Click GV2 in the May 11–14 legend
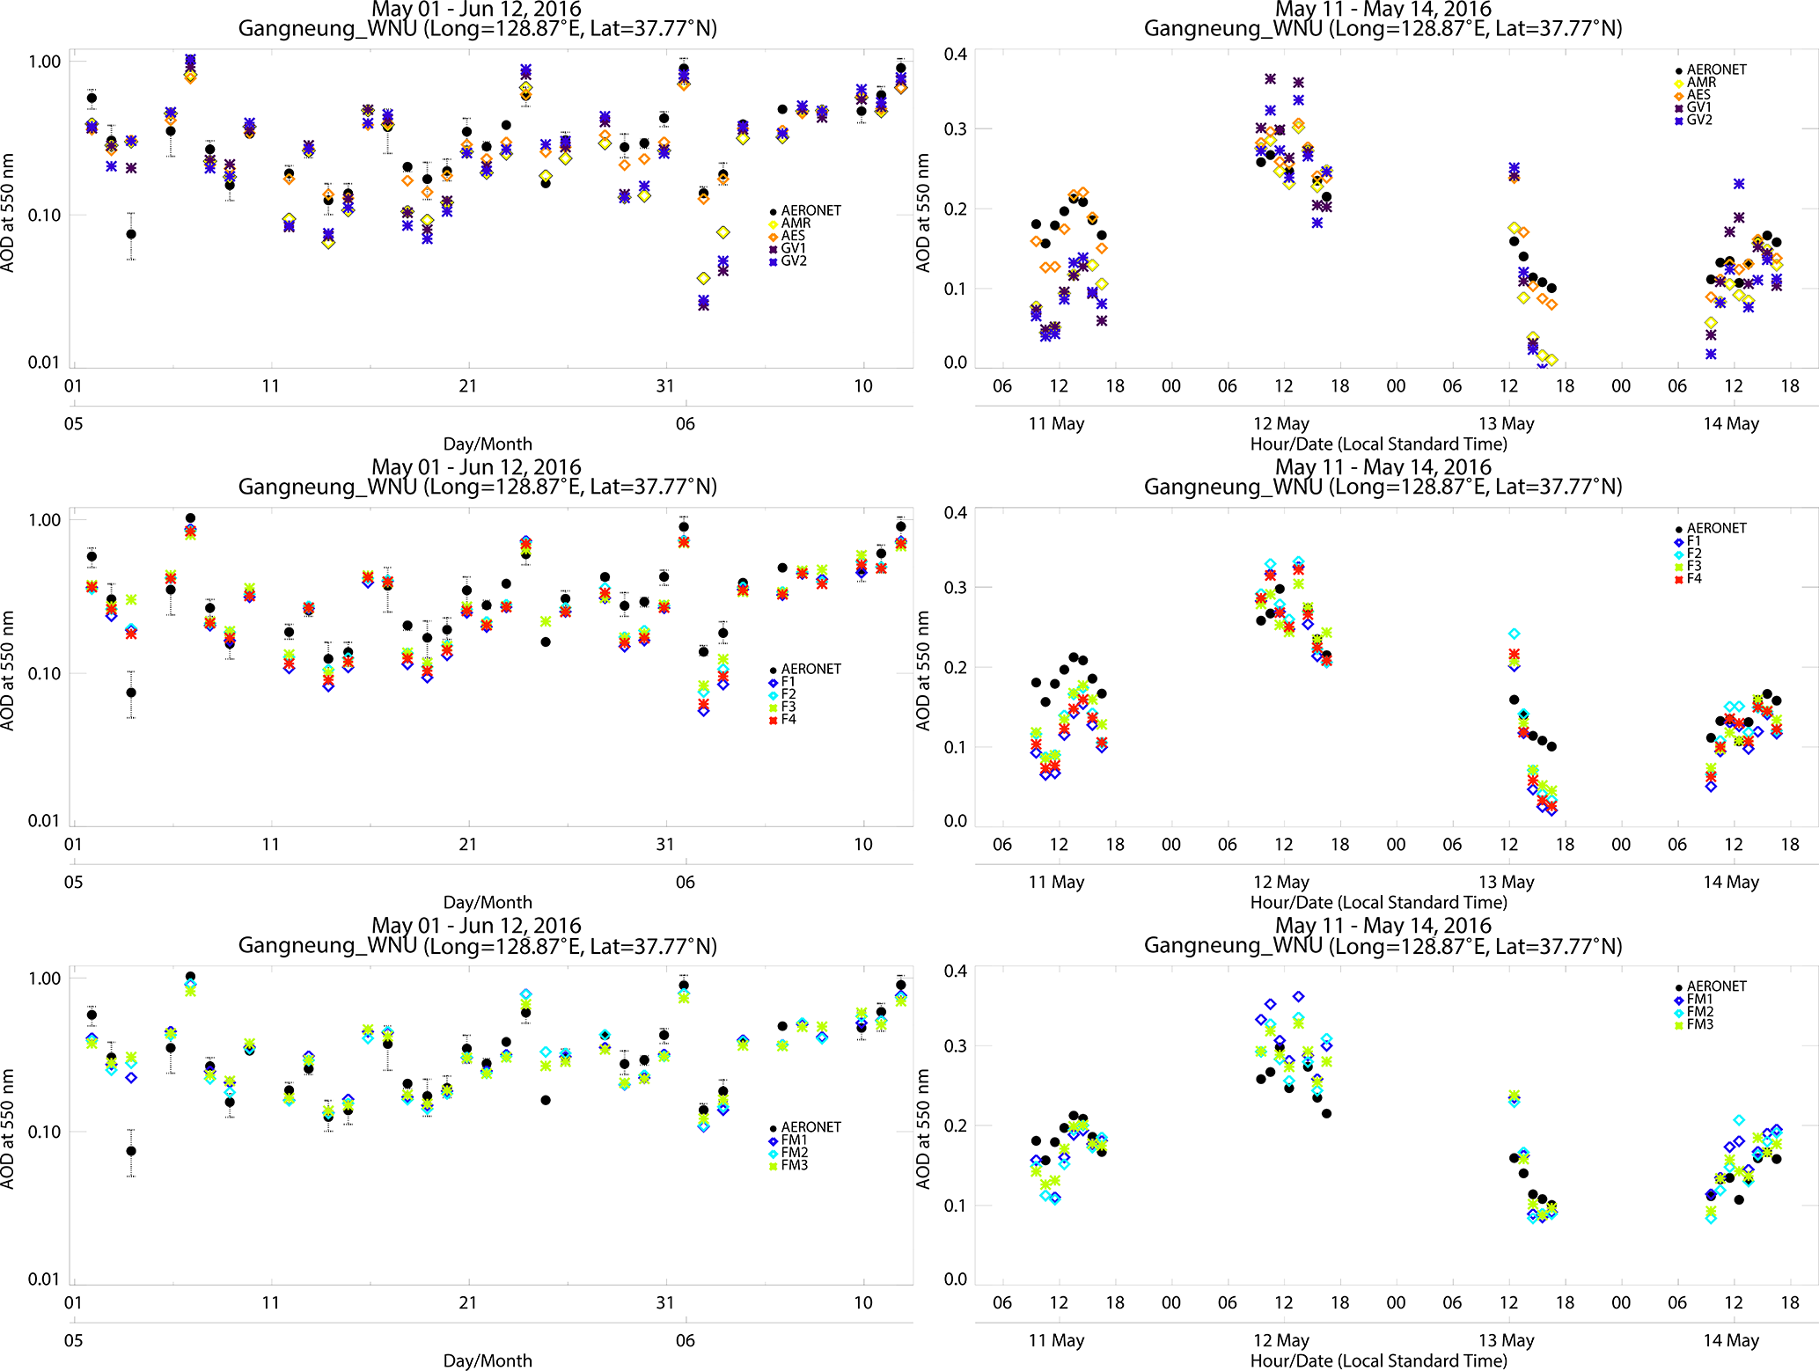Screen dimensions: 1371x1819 pos(1698,121)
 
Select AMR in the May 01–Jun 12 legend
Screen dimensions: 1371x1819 pos(795,224)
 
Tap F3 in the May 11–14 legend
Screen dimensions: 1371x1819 pos(1693,567)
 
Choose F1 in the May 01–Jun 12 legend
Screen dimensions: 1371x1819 pos(788,682)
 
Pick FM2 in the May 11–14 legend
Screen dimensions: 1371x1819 pos(1698,1012)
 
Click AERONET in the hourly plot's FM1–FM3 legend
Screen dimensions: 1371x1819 pos(1715,986)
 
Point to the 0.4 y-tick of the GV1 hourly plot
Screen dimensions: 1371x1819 pos(955,55)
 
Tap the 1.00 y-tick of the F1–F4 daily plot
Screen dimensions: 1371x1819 pos(44,520)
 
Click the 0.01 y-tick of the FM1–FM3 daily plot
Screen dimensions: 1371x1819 pos(44,1279)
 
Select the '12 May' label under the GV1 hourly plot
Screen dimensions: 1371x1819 pos(1280,424)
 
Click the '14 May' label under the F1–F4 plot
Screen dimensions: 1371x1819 pos(1730,883)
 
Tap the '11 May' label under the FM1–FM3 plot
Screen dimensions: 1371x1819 pos(1056,1341)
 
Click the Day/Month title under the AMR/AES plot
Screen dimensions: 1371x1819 pos(488,444)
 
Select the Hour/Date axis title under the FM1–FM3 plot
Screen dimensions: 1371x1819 pos(1378,1361)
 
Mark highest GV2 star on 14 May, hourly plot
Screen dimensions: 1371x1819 pos(1739,185)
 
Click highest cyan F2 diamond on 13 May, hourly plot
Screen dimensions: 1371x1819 pos(1515,634)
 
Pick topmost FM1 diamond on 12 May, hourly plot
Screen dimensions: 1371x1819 pos(1298,997)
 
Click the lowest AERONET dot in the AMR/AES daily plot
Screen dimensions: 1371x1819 pos(131,234)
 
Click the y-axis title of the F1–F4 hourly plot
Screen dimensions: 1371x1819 pos(923,671)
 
